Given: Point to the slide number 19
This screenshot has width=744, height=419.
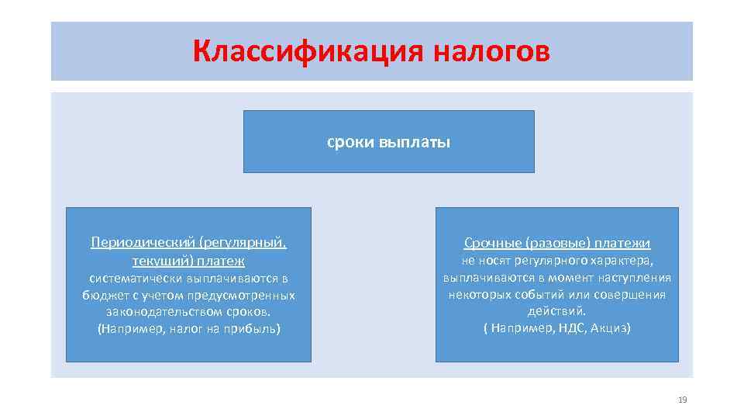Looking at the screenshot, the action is (x=683, y=400).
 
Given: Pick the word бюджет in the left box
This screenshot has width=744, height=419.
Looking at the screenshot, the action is (x=105, y=295).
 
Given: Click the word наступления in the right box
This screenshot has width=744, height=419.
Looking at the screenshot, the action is (x=633, y=278).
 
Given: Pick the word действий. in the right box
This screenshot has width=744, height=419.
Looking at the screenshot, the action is (x=557, y=311).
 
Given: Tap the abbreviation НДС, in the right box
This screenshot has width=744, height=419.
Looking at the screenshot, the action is (x=569, y=328).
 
